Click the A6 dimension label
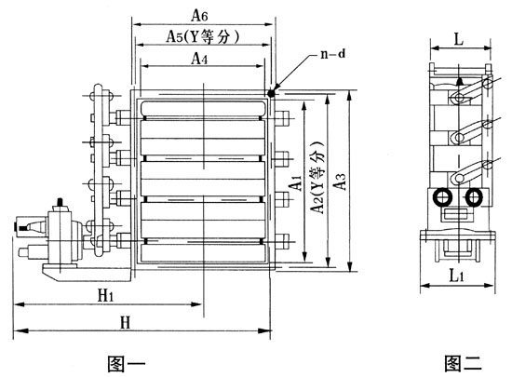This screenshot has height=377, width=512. click(199, 15)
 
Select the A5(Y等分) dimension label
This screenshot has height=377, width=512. click(203, 36)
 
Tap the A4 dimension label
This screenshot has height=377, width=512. click(199, 59)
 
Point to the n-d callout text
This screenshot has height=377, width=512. click(332, 54)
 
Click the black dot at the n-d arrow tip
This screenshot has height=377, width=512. click(271, 93)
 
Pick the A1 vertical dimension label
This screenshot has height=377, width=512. click(296, 182)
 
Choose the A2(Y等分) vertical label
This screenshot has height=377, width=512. click(317, 177)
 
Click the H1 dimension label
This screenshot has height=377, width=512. click(106, 296)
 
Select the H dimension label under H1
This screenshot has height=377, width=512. click(126, 323)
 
